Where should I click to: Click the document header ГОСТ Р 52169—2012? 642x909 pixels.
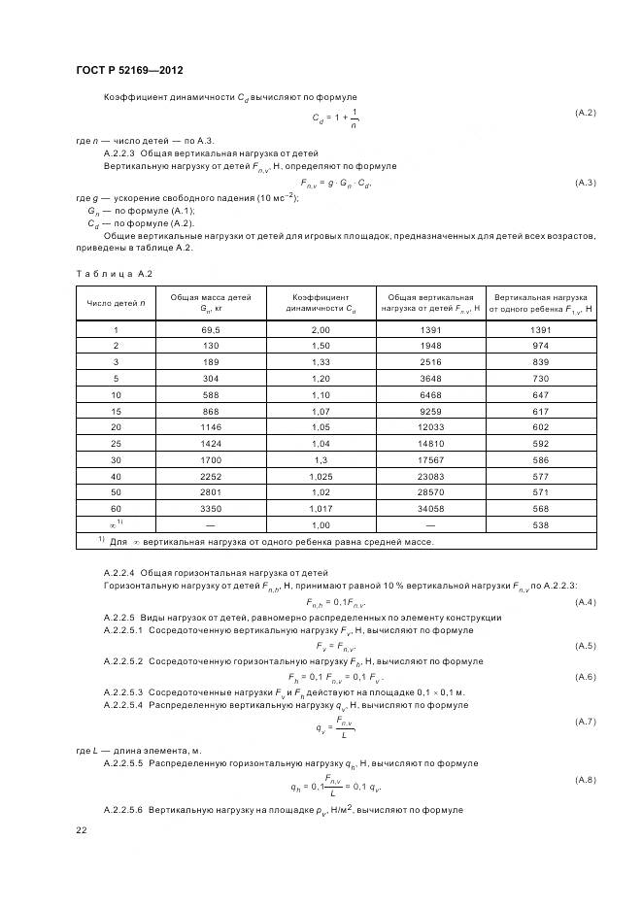point(129,71)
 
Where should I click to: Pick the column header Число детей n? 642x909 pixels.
point(116,303)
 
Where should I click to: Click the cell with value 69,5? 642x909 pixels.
point(212,330)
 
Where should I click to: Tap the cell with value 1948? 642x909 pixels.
point(430,346)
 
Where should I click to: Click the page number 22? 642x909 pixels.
point(82,830)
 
